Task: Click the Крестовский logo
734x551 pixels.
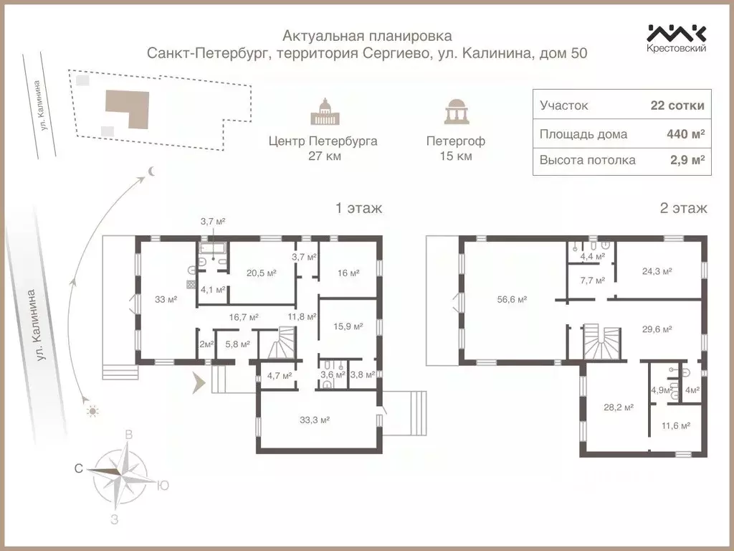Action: click(677, 37)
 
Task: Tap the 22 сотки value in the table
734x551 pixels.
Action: click(677, 105)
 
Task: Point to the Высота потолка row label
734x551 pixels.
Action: click(587, 160)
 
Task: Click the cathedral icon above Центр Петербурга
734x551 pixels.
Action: click(323, 113)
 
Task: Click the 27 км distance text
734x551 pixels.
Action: click(323, 156)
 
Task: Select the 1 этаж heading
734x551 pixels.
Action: click(358, 209)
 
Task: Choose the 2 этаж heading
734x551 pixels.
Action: click(683, 209)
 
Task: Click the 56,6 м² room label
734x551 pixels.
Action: click(513, 300)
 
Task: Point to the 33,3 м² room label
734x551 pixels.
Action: click(313, 420)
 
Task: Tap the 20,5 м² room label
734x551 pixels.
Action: click(261, 273)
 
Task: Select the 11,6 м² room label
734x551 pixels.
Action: click(675, 425)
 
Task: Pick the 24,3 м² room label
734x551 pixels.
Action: click(657, 271)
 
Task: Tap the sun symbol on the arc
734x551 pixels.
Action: click(91, 412)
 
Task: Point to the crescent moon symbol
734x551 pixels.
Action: click(152, 171)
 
